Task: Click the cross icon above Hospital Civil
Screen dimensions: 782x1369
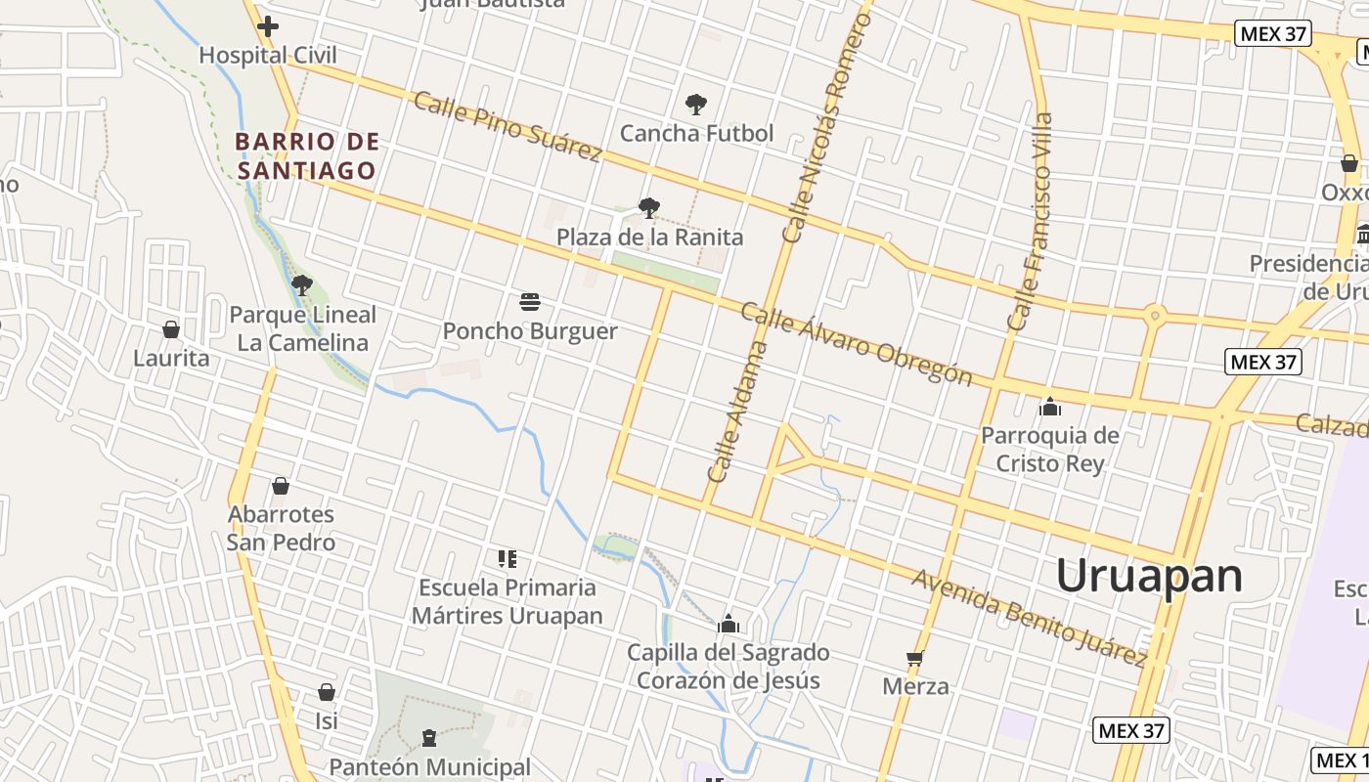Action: [268, 26]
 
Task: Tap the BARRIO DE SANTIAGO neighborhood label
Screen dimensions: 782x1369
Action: [307, 156]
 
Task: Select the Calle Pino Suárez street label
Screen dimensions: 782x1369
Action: [507, 126]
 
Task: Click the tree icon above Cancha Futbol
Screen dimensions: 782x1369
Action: [696, 104]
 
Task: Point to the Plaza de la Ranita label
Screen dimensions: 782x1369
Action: [649, 238]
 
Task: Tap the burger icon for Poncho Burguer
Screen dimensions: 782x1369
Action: [530, 301]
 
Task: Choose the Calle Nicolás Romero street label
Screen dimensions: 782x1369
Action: [826, 128]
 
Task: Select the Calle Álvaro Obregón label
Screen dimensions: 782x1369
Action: [856, 343]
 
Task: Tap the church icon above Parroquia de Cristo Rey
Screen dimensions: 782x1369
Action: [1050, 406]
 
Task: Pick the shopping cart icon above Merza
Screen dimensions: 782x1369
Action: [915, 658]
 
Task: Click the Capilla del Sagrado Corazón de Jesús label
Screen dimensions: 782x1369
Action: [729, 667]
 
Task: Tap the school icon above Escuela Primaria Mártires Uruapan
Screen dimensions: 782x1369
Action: [507, 559]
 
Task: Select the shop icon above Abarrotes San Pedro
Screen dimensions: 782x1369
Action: [281, 486]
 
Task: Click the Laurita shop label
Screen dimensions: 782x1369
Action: [171, 358]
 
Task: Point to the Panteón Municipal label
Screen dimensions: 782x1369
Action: [429, 767]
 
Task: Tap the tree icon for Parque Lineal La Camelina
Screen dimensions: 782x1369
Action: [302, 285]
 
